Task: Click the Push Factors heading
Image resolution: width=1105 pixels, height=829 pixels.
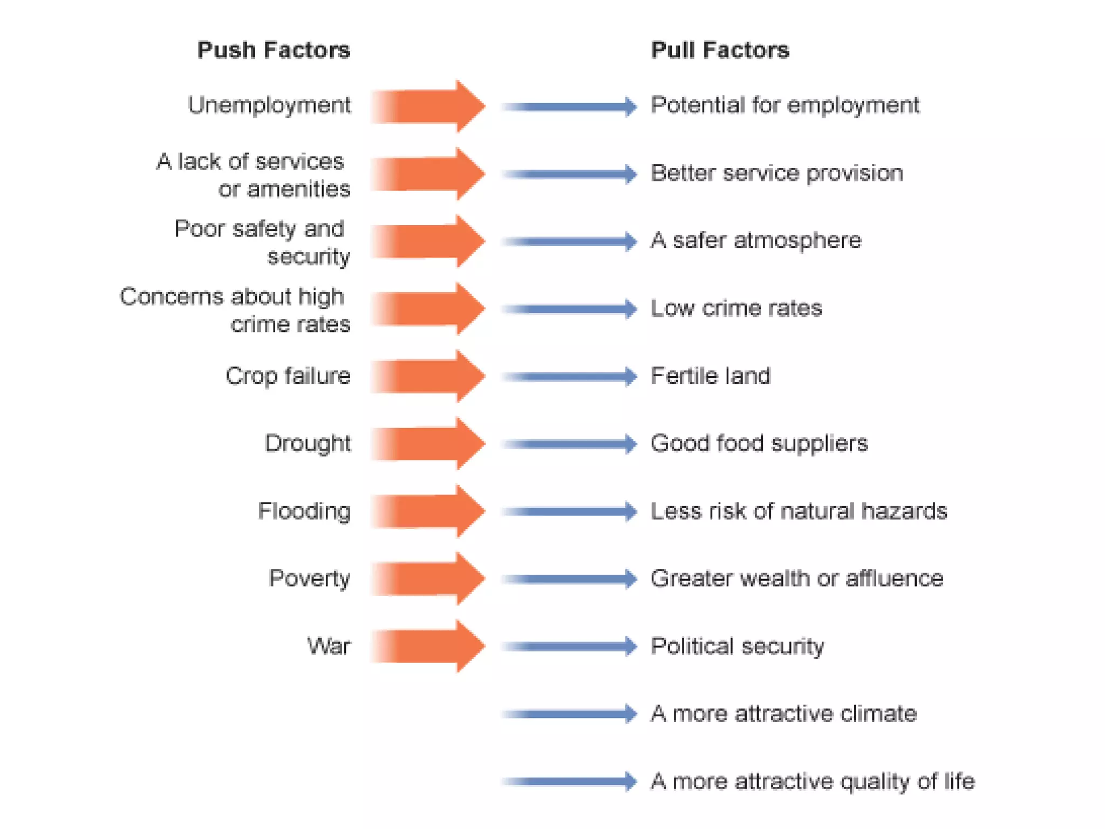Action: [x=274, y=50]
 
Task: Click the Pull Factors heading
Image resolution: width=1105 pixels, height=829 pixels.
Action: [x=720, y=50]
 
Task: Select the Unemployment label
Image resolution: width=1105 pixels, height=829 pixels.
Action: [x=269, y=105]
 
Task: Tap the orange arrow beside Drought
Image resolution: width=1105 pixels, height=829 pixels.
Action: [x=429, y=444]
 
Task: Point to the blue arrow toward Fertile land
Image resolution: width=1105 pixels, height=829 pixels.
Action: [x=569, y=376]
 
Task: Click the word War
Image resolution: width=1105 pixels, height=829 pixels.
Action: [x=329, y=646]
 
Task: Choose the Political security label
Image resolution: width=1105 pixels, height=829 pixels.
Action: [x=737, y=646]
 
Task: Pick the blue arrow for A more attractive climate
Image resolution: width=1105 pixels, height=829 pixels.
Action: [x=569, y=714]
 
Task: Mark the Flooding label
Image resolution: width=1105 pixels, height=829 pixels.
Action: [x=304, y=511]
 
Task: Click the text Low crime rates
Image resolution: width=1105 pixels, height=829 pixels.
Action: [x=736, y=308]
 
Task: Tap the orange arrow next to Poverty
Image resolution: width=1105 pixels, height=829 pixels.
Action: [x=429, y=579]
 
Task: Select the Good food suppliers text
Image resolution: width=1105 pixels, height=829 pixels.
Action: [x=759, y=444]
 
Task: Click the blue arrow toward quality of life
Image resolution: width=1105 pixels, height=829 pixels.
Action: [x=569, y=782]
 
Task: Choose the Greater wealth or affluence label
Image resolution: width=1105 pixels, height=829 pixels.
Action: [x=797, y=579]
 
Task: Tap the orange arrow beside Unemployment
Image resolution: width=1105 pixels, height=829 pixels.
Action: [x=429, y=106]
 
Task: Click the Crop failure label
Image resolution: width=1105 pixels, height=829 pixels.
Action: [x=288, y=376]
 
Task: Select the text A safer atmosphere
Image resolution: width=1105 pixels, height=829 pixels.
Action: [x=756, y=241]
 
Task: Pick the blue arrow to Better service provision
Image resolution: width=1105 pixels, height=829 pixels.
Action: [x=569, y=174]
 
